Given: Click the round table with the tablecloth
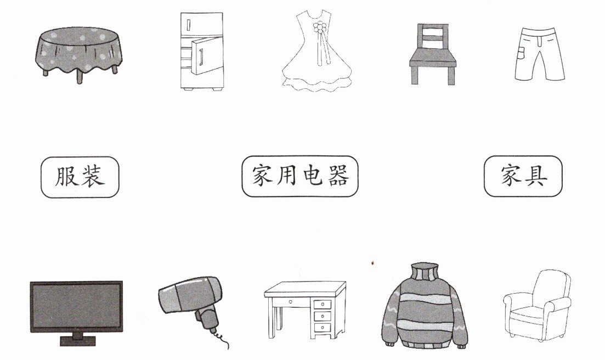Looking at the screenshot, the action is click(80, 52).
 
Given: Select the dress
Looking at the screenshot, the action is click(316, 55).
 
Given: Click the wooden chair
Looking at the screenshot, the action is click(433, 55).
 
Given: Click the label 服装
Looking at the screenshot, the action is click(80, 177).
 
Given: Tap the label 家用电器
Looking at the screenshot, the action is click(299, 177).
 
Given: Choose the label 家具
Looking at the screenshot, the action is click(523, 177).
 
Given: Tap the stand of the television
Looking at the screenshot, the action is click(76, 340).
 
